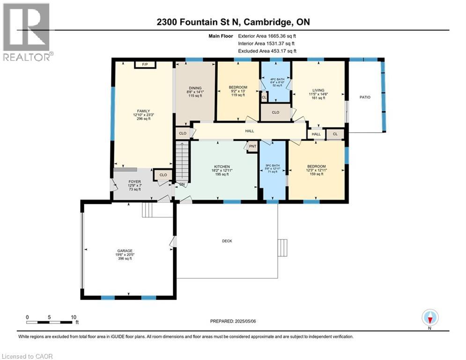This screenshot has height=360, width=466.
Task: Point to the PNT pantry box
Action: (x=252, y=146)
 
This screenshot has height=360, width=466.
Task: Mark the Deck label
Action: (x=227, y=241)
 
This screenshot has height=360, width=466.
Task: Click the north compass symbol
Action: (x=429, y=318)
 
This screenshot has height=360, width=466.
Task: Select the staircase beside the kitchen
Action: (x=181, y=162)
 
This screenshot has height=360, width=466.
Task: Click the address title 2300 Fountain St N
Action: (x=233, y=22)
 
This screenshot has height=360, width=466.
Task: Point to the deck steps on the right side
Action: (x=282, y=247)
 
